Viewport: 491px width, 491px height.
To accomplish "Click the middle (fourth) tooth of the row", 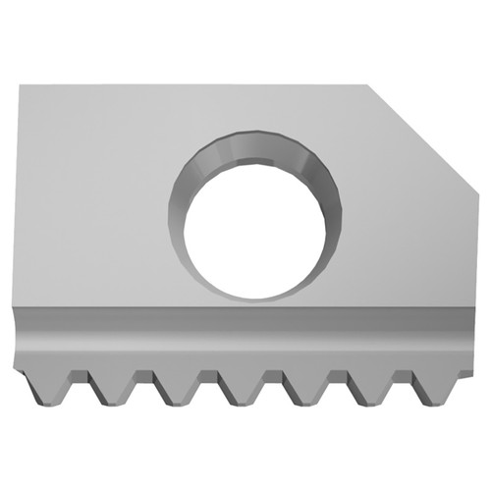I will point(240,387).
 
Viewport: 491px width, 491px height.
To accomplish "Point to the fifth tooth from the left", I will point(303,387).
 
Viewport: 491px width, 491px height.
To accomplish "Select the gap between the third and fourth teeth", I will point(208,379).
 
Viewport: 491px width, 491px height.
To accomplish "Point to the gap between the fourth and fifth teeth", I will point(272,379).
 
